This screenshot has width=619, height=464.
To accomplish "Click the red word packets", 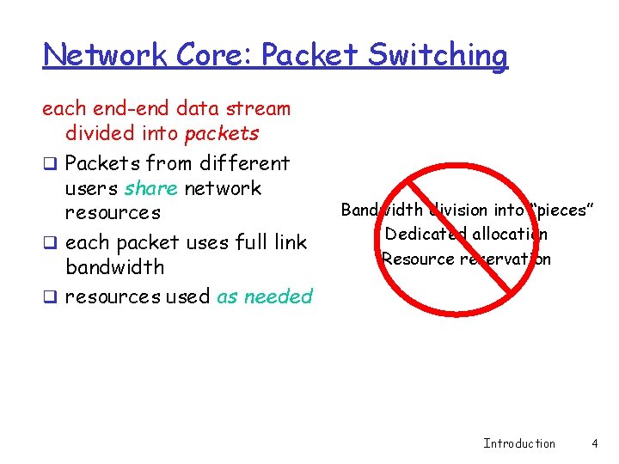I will [x=222, y=133].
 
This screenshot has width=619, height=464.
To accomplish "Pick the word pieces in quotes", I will [x=561, y=210].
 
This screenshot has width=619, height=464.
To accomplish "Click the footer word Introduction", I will [x=519, y=443].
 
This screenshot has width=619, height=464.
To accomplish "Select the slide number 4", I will [x=594, y=443].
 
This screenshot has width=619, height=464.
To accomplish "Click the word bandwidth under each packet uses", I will [x=114, y=266].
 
